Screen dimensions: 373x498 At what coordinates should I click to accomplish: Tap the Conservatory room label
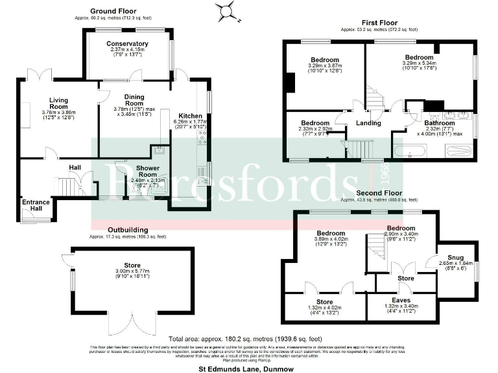coord(128,44)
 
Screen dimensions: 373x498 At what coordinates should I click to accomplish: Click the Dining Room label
coord(134,100)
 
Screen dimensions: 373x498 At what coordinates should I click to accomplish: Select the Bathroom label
coord(441,122)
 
